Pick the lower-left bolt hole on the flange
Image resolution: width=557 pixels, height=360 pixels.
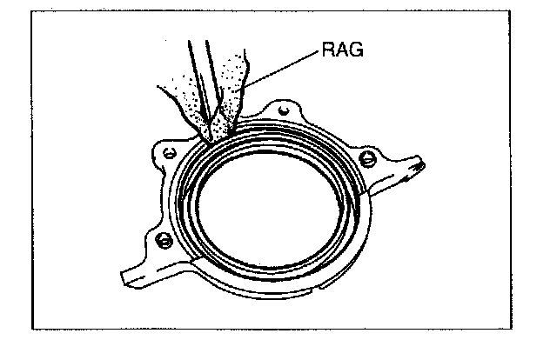(x=161, y=238)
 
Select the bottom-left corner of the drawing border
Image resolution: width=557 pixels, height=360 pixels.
(x=32, y=330)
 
